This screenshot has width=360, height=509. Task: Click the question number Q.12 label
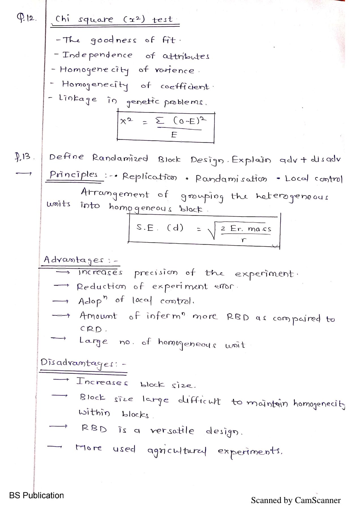pyautogui.click(x=26, y=19)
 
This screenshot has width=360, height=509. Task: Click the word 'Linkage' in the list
pyautogui.click(x=78, y=99)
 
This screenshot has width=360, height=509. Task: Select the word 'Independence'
pyautogui.click(x=97, y=55)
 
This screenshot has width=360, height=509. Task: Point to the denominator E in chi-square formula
pyautogui.click(x=174, y=135)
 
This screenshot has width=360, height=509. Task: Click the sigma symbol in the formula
pyautogui.click(x=160, y=121)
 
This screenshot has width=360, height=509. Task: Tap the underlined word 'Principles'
pyautogui.click(x=74, y=175)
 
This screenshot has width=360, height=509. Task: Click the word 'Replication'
pyautogui.click(x=150, y=177)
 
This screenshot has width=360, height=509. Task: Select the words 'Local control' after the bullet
pyautogui.click(x=314, y=179)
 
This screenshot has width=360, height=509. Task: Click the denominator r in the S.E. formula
pyautogui.click(x=244, y=240)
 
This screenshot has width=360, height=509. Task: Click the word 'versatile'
pyautogui.click(x=172, y=431)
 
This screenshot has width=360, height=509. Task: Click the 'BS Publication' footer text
pyautogui.click(x=36, y=495)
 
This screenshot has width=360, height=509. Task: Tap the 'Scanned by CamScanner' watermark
pyautogui.click(x=295, y=500)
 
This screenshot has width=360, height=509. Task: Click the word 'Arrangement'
pyautogui.click(x=114, y=194)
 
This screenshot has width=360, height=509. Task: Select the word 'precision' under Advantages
pyautogui.click(x=156, y=273)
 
